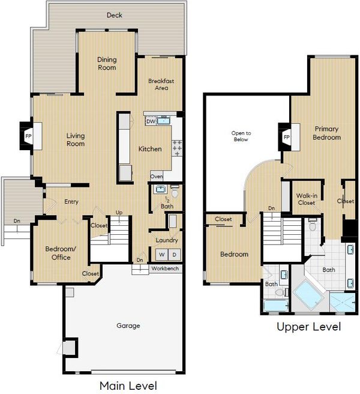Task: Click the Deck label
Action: [x=115, y=15]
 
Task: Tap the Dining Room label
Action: [x=107, y=64]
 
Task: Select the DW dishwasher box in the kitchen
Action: [x=151, y=121]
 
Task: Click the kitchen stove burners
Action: [x=177, y=148]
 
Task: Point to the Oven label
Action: [x=157, y=177]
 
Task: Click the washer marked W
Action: [x=162, y=255]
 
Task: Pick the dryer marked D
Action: [x=175, y=255]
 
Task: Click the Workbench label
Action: [x=165, y=268]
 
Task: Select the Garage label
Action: [x=128, y=326]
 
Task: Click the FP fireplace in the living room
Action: [x=28, y=136]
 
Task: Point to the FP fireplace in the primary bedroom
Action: [x=286, y=137]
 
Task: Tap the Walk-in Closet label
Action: [x=307, y=199]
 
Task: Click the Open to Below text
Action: [x=241, y=136]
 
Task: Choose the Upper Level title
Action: [x=309, y=327]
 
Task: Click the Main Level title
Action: [x=128, y=386]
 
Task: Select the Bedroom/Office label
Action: [x=61, y=253]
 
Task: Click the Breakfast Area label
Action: [x=161, y=85]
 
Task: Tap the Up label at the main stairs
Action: [x=119, y=213]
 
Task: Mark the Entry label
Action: [x=71, y=202]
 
